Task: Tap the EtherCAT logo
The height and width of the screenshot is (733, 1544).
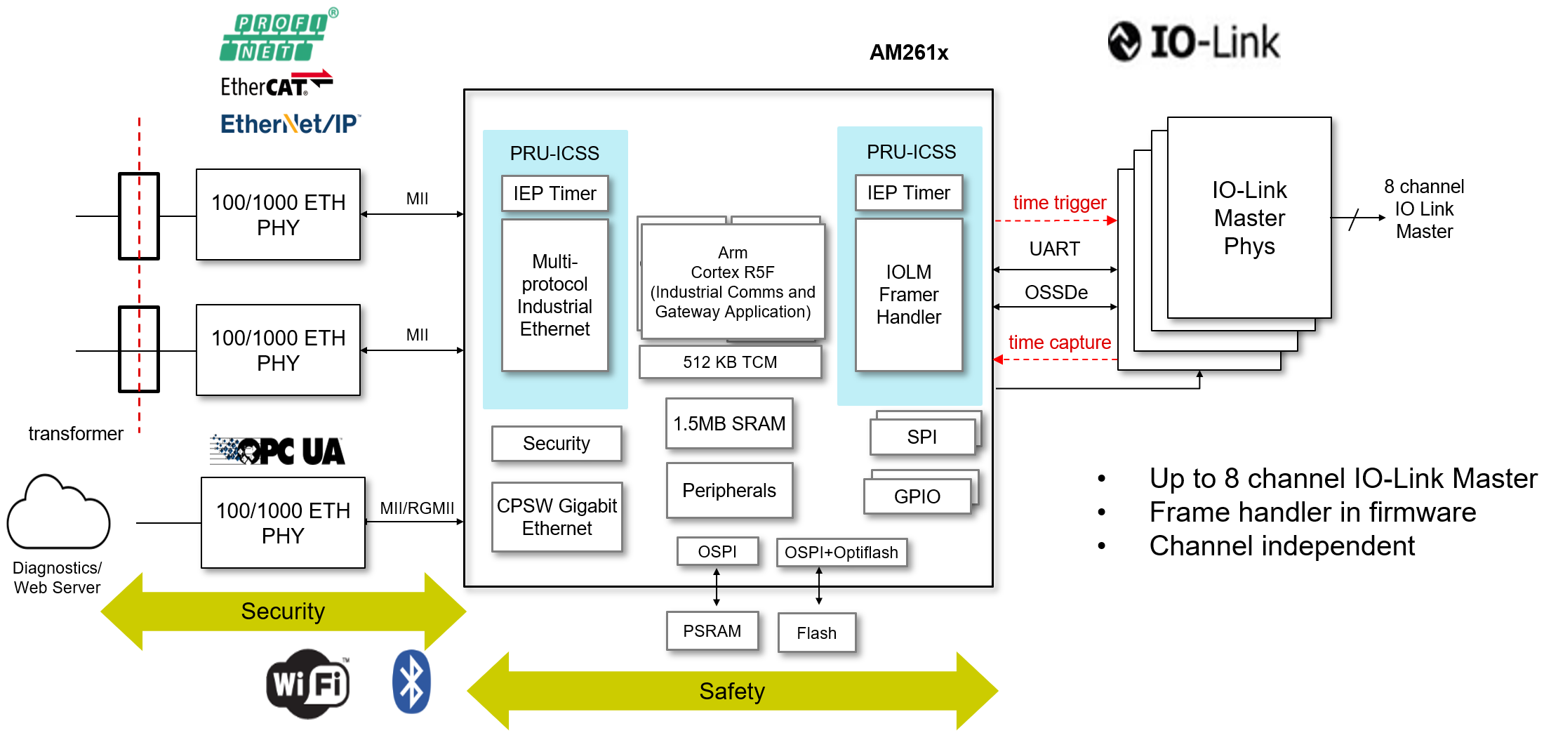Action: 275,84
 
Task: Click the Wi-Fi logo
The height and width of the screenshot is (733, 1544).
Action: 308,683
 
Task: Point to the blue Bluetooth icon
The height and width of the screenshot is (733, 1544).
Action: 411,682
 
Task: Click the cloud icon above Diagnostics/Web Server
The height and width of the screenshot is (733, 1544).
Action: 58,513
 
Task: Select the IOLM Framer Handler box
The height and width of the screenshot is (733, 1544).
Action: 908,295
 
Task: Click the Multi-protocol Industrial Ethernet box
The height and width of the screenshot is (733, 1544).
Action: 554,295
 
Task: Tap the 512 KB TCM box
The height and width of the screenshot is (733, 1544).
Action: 730,362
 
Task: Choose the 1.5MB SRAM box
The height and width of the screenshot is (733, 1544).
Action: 729,423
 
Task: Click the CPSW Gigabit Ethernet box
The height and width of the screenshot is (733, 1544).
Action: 557,517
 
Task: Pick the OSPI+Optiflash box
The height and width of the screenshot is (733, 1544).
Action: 841,553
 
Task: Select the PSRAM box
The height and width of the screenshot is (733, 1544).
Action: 712,631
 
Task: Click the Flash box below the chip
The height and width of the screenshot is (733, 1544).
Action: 816,633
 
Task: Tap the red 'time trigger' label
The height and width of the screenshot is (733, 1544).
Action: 1059,203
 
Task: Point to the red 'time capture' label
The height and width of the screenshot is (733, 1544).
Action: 1059,343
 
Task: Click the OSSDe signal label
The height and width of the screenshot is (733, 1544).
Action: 1056,293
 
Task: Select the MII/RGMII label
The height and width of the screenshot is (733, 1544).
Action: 417,508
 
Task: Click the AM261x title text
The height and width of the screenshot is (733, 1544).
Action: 908,53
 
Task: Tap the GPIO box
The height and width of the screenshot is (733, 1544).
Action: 917,496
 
